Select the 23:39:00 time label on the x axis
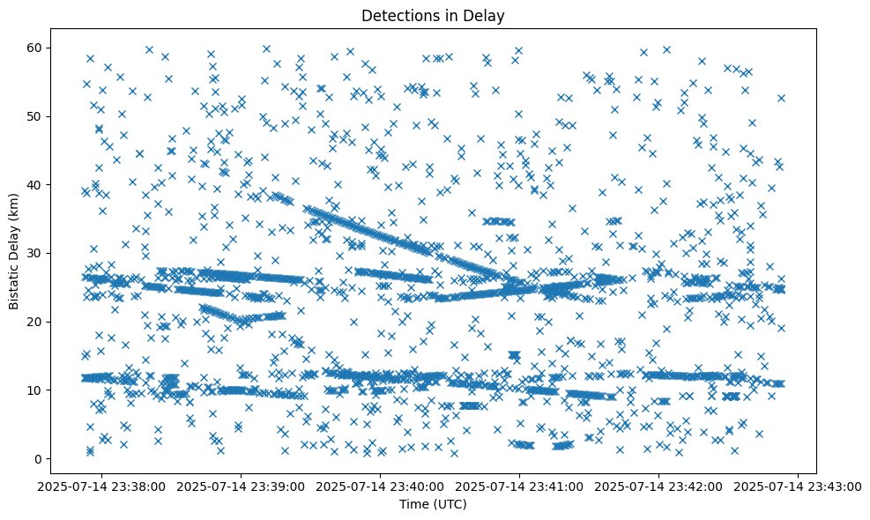click(241, 486)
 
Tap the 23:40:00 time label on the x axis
click(380, 486)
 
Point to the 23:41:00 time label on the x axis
click(519, 486)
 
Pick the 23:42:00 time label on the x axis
click(658, 486)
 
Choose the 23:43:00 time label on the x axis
click(798, 486)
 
